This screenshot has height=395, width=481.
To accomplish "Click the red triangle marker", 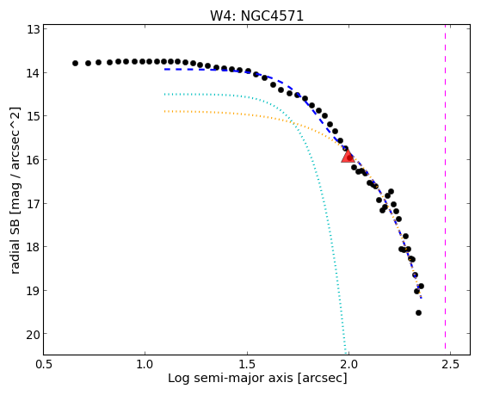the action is (348, 157).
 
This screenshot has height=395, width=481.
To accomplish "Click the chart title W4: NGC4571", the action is (256, 16).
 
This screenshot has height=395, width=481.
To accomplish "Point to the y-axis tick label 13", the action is (34, 30).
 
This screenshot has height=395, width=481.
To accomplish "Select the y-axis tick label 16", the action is (34, 160).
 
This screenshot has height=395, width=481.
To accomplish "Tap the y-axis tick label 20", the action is (34, 334).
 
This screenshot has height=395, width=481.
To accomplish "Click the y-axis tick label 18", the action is (34, 247).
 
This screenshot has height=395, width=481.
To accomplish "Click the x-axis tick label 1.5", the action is (247, 364).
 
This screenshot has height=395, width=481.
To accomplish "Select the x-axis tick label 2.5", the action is (450, 364).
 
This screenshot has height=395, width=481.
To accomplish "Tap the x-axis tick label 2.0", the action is (348, 364).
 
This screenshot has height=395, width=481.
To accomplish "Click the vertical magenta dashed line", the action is (445, 189).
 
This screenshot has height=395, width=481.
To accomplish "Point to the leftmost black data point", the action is (75, 63).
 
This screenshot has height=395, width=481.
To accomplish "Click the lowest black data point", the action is (418, 312).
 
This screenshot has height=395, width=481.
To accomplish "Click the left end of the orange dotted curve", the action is (164, 111).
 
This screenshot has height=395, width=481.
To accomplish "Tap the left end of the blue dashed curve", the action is (164, 70).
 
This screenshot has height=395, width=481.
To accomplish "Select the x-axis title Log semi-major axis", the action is (231, 378).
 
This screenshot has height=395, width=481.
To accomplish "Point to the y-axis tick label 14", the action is (34, 73).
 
